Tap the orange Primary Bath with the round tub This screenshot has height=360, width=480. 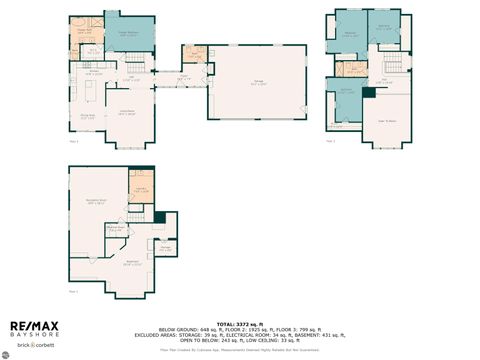point(87,31)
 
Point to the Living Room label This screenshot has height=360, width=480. point(127,112)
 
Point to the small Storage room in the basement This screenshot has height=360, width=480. point(167,247)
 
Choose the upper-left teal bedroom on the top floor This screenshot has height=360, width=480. point(351,34)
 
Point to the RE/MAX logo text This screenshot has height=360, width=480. point(34,327)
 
